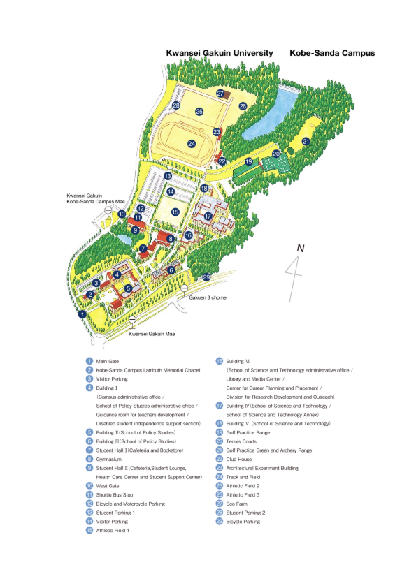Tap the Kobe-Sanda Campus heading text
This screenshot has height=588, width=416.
coord(332,52)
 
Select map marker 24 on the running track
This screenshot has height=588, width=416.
coord(192,144)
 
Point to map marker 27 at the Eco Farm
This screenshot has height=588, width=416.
coord(220,94)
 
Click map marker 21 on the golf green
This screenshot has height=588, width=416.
coord(306,142)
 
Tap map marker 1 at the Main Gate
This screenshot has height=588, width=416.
coord(83,314)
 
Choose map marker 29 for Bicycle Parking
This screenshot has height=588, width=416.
coord(206,277)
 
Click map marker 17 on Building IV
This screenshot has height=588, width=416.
coord(208,216)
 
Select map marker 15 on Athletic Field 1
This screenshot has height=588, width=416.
coord(175,212)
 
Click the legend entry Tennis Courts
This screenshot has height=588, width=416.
coord(242,441)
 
